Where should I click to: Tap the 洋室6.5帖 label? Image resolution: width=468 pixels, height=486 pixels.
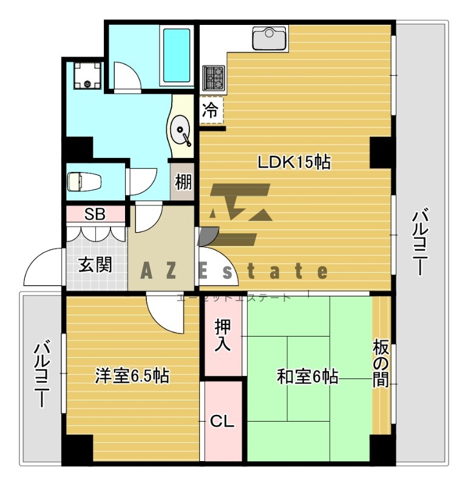[x=132, y=376]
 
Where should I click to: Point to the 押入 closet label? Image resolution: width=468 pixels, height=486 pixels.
[x=223, y=336]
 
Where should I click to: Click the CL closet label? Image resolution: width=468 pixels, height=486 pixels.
[x=222, y=420]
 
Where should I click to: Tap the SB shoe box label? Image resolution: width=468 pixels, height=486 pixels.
[x=95, y=214]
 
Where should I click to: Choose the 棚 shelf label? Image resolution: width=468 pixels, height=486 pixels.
[x=184, y=182]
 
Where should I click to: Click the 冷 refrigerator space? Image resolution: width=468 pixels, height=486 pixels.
[x=210, y=111]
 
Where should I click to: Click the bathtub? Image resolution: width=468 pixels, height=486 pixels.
[x=176, y=55]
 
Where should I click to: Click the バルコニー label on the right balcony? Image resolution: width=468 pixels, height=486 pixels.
[x=421, y=242]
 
